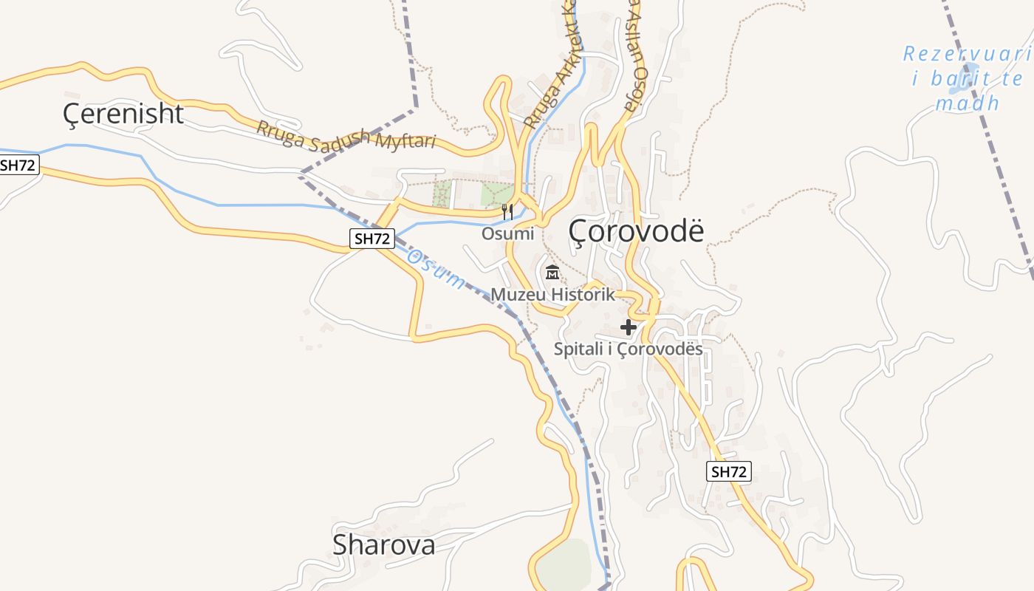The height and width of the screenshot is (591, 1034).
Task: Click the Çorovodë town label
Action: [x=637, y=231]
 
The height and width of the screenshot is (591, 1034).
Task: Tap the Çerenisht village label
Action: [x=123, y=114]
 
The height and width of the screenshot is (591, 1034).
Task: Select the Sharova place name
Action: [x=383, y=545]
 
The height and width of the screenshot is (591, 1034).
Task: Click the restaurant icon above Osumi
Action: [x=507, y=212]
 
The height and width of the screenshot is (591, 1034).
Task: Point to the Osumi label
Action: [x=507, y=234]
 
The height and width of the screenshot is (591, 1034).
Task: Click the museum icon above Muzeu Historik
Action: [x=552, y=273]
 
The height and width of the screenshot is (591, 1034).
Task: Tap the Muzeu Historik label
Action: [x=552, y=295]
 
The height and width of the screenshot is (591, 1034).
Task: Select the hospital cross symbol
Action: [x=629, y=327]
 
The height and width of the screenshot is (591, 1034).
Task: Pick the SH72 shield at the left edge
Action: [x=18, y=165]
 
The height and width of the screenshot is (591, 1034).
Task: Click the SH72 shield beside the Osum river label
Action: [x=372, y=238]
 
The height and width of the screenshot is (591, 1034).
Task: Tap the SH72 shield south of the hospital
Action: [x=729, y=471]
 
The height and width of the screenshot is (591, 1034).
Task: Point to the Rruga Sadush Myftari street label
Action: [x=346, y=136]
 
